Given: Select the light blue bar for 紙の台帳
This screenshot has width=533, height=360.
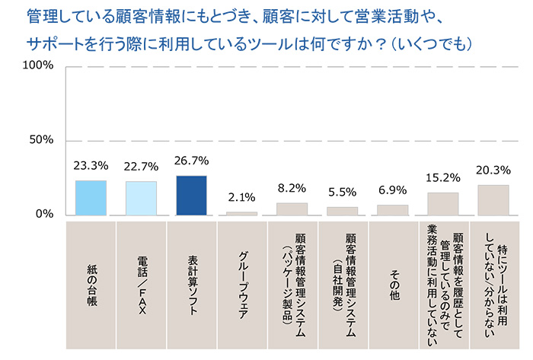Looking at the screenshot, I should (x=91, y=198).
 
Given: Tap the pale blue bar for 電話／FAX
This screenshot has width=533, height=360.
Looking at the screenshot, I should (x=141, y=198).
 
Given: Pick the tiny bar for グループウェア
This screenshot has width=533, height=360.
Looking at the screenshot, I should (x=241, y=213).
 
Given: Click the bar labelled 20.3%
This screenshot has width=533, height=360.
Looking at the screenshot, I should (x=493, y=200).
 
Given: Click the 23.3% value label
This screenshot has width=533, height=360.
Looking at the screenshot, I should (x=91, y=164).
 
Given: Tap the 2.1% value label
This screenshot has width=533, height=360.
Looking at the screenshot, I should (x=241, y=196).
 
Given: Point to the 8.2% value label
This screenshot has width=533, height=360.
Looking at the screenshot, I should (x=292, y=187).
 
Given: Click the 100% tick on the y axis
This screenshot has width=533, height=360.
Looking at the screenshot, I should (x=38, y=66).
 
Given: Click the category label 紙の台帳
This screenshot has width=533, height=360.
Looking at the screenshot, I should (x=91, y=278).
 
